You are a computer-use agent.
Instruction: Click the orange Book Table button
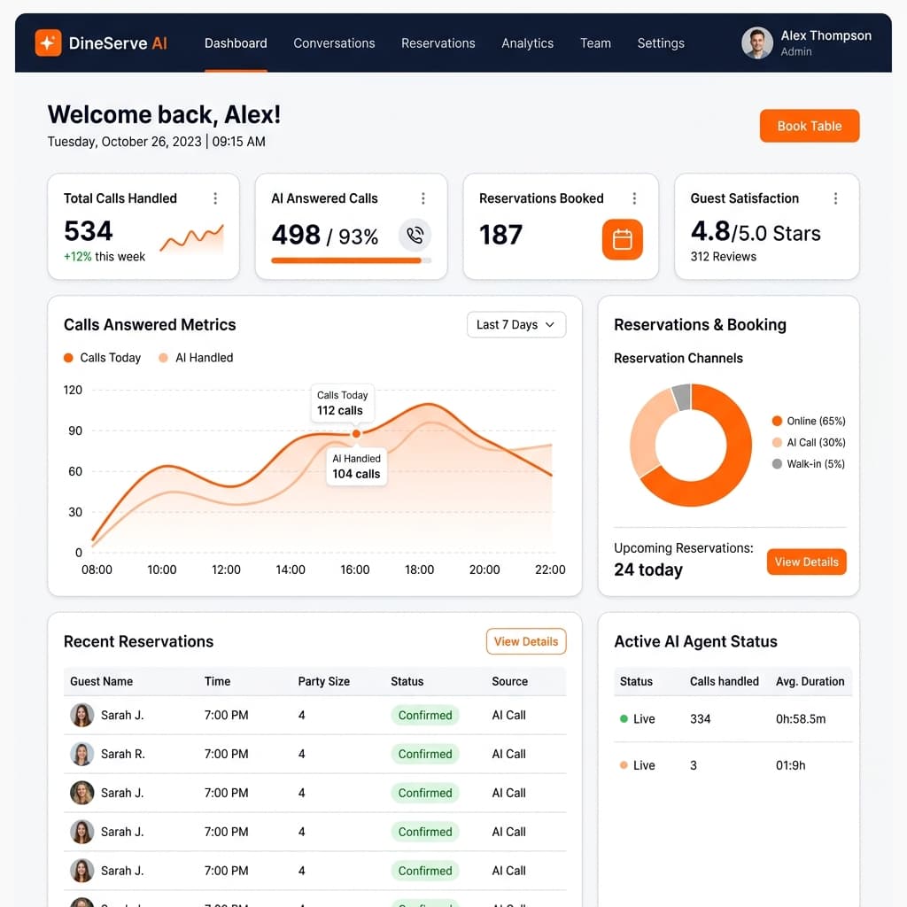tap(810, 126)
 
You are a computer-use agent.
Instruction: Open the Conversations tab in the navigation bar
tap(334, 43)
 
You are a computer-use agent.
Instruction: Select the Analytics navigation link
tap(527, 43)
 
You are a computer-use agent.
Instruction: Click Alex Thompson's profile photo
tap(757, 43)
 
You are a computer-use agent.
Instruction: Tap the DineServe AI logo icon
tap(48, 43)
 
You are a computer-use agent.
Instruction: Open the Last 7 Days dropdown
tap(516, 324)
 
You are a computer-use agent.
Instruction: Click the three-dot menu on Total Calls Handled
tap(215, 198)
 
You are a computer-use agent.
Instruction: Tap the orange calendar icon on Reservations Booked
tap(622, 239)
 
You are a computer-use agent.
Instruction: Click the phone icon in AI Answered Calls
tap(415, 235)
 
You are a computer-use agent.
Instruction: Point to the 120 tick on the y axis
tap(73, 390)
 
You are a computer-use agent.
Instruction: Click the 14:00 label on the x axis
tap(291, 570)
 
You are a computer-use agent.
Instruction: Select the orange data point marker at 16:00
tap(356, 433)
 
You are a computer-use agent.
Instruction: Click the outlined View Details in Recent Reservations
tap(526, 641)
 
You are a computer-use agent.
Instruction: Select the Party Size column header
tap(324, 681)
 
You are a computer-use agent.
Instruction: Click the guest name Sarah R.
tap(122, 755)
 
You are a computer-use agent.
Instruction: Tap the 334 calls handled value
tap(700, 719)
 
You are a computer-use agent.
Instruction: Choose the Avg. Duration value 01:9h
tap(790, 765)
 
